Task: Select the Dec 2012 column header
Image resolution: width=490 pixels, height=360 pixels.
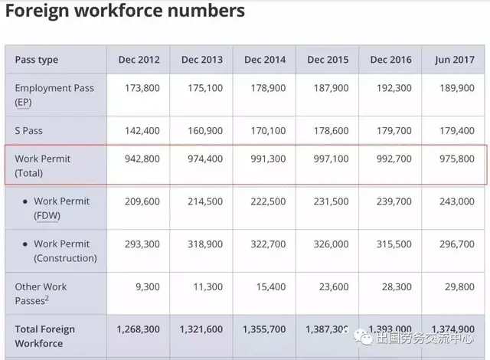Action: [139, 60]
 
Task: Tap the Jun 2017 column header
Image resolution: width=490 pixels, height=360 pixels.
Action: [454, 60]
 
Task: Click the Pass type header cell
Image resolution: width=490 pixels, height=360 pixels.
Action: [36, 60]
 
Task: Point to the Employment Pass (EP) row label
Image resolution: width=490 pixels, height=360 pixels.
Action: [54, 95]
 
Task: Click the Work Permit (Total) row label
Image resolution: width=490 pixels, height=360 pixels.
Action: [42, 166]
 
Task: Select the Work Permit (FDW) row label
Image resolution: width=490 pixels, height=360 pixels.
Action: [61, 208]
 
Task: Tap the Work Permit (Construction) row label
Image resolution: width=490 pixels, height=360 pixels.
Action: [65, 251]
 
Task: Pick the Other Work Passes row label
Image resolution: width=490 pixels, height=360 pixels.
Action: [41, 294]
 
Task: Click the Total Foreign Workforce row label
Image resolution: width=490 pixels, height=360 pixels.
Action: [45, 336]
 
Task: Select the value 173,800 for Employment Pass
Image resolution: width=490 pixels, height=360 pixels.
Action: [142, 88]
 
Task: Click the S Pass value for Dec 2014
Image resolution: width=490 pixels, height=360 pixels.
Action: [267, 131]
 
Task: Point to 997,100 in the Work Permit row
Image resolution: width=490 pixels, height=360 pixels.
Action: [330, 159]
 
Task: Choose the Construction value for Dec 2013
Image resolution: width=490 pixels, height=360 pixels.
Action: [204, 244]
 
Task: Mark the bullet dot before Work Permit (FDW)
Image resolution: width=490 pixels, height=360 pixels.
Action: [25, 201]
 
